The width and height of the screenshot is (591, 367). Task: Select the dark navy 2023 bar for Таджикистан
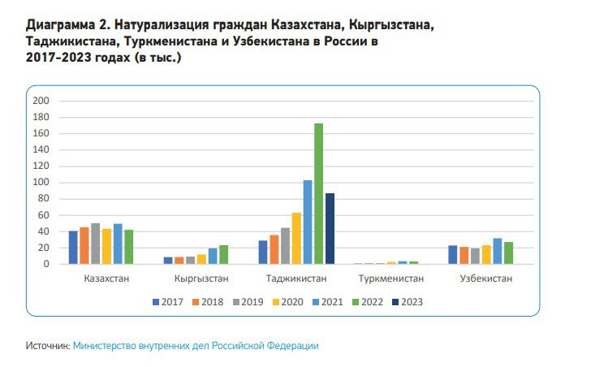tap(330, 228)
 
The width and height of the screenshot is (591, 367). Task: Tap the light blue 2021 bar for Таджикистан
tap(308, 222)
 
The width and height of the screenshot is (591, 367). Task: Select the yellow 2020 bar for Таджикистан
tap(296, 238)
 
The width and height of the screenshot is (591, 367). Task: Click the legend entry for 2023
tap(408, 302)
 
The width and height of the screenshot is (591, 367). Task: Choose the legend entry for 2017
tap(168, 302)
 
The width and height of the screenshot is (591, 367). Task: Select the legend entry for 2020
tap(287, 302)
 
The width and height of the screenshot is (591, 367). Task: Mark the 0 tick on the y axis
tap(47, 264)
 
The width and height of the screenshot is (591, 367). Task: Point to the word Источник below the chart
tap(47, 345)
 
